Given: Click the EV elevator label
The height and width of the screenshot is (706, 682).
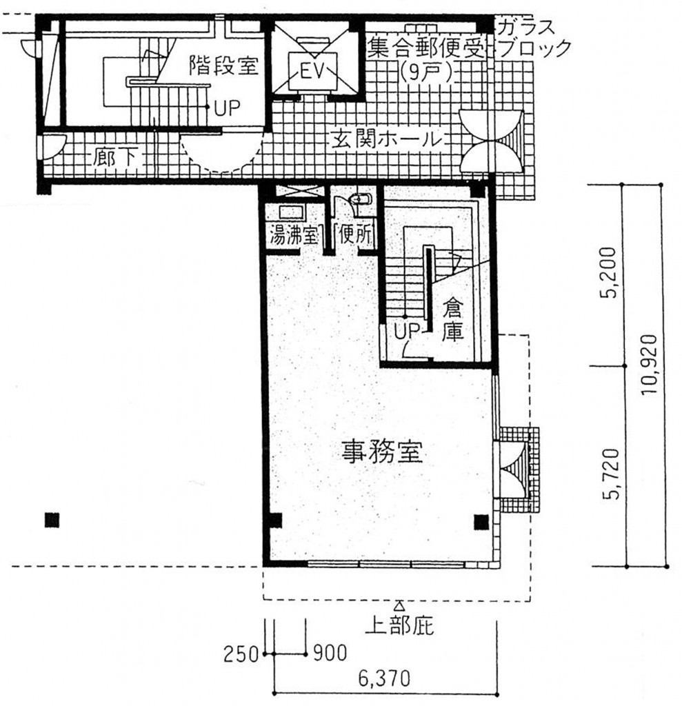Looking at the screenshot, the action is click(x=312, y=72).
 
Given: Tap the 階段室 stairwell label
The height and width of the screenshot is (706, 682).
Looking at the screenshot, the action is click(x=223, y=65).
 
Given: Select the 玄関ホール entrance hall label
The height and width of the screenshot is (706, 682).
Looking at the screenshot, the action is click(x=386, y=139).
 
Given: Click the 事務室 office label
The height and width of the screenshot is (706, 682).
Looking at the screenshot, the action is click(x=382, y=452).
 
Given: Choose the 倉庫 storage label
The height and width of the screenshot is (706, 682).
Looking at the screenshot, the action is click(x=452, y=320).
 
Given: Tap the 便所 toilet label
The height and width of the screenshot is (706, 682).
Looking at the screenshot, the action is click(x=356, y=234).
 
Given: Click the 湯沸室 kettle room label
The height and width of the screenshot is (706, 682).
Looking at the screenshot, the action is click(x=294, y=235).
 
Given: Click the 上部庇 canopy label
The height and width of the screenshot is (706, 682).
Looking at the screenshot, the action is click(x=399, y=625).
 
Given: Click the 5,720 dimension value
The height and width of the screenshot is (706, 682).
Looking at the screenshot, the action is click(x=611, y=474).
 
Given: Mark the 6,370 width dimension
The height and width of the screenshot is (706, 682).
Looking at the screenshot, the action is click(x=384, y=678).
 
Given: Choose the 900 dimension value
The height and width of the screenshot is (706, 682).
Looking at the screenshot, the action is click(x=330, y=654).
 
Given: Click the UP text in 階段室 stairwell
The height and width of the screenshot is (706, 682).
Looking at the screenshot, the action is click(x=227, y=108).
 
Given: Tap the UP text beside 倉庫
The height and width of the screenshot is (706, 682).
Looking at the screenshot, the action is click(x=407, y=331).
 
